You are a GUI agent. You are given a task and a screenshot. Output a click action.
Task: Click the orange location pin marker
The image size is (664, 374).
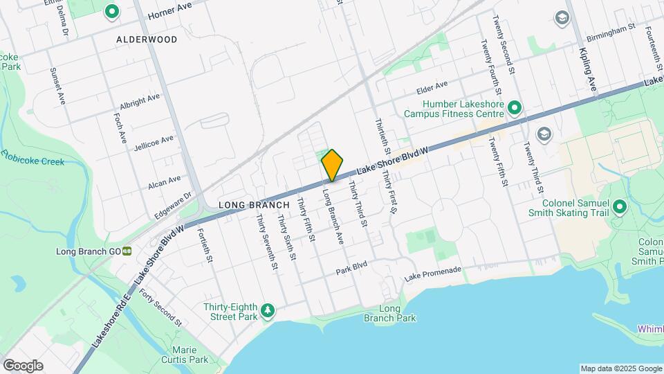pos(333,165)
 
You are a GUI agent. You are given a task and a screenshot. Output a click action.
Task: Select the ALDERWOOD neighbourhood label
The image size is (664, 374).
pos(147,39)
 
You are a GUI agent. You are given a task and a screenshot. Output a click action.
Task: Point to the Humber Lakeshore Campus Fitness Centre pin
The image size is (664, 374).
pos(514,107)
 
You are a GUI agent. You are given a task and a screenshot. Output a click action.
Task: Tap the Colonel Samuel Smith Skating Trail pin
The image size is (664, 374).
pos(619,206)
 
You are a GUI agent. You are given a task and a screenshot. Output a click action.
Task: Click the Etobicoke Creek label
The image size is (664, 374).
pos(33,157)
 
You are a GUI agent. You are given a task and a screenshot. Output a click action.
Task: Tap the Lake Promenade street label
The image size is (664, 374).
pos(432,273)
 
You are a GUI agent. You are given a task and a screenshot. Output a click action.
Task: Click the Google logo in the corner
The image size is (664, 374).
pos(23,365)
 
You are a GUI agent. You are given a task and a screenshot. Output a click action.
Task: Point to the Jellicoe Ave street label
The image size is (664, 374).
pos(154,143)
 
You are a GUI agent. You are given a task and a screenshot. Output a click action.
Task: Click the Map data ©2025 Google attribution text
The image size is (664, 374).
pos(620,368)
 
